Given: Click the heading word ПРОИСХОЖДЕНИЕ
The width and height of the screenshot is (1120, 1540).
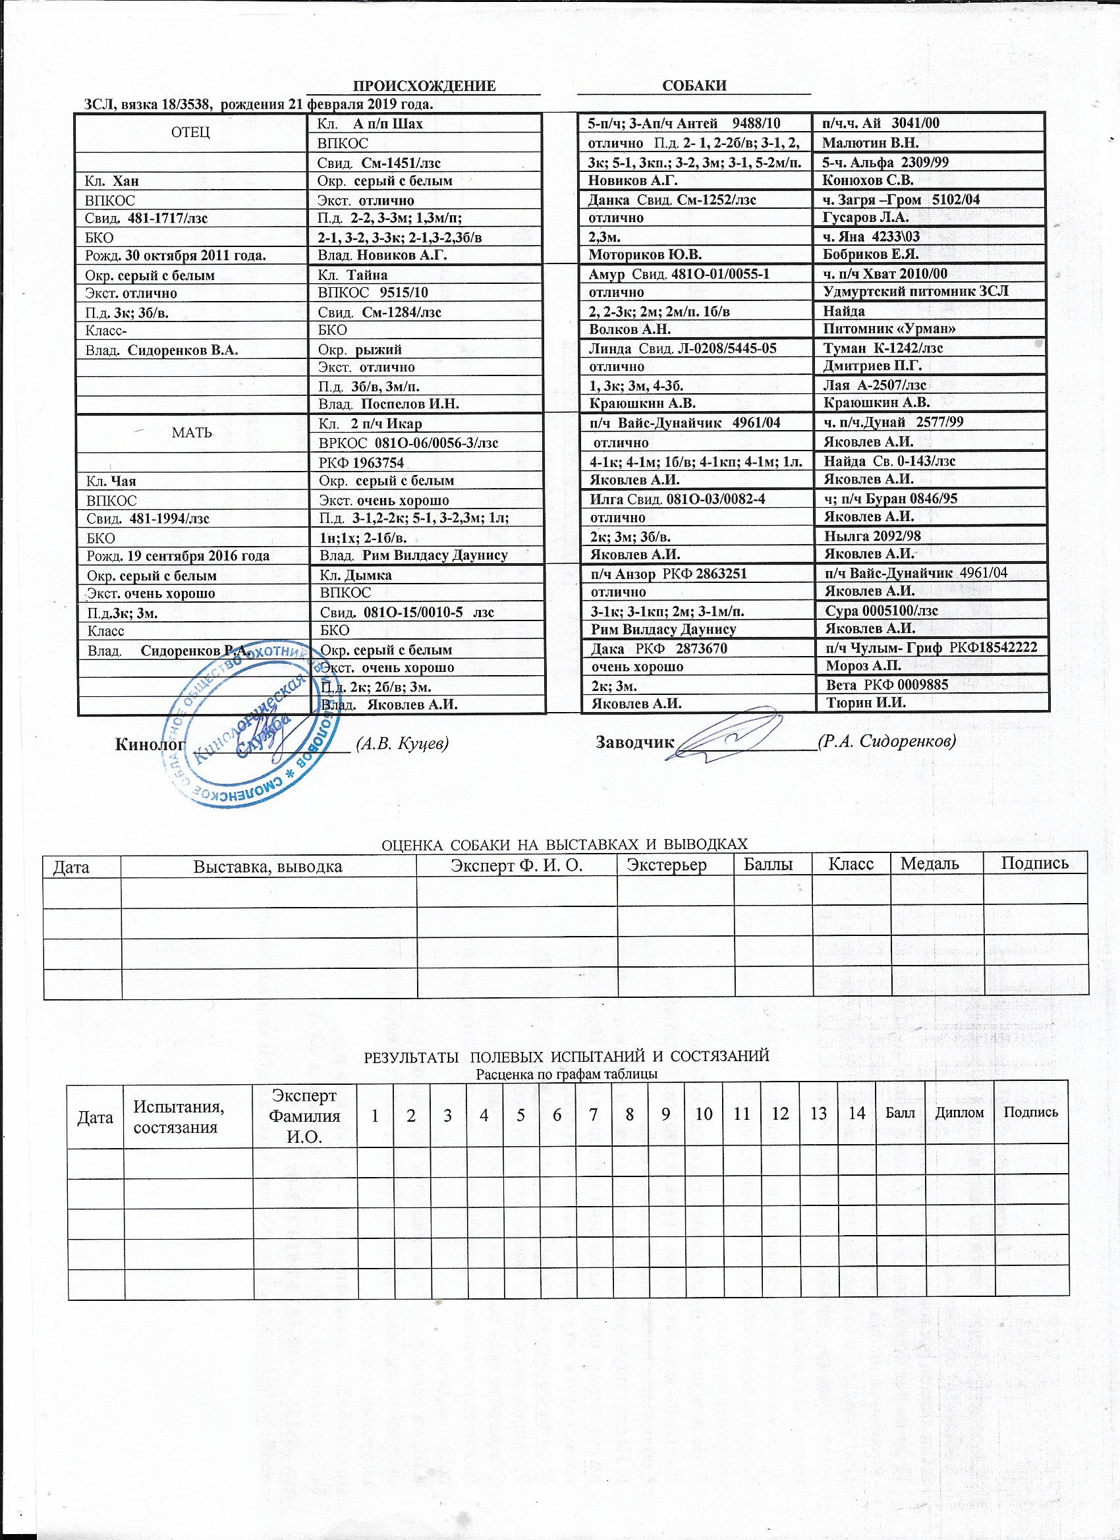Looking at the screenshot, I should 424,86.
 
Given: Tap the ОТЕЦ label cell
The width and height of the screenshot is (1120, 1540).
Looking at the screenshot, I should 191,132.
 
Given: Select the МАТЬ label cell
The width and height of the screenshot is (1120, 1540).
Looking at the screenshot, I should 192,433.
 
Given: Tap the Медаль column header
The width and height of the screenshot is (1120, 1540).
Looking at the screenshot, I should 929,864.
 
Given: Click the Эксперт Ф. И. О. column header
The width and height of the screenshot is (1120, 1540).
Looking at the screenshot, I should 517,865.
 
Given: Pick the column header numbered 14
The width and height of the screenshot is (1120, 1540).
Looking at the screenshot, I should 856,1113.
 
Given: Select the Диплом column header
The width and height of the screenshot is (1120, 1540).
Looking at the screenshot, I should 959,1113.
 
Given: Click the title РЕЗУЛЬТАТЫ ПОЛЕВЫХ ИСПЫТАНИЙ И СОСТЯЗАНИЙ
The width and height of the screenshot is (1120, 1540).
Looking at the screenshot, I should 567,1057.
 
